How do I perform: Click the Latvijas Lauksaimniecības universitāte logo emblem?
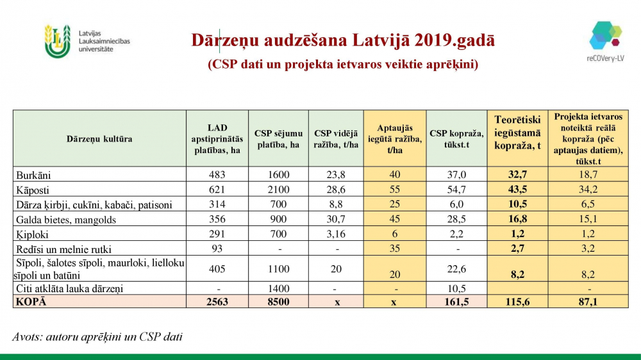57,41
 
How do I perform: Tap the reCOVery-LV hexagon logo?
605,35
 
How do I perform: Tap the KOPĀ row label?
32,302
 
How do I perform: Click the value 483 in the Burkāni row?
218,174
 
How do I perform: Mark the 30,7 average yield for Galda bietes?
337,220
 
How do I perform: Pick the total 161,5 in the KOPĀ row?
456,302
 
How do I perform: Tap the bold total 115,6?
517,302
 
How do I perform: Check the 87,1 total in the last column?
588,302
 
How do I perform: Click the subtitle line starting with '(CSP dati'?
343,65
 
